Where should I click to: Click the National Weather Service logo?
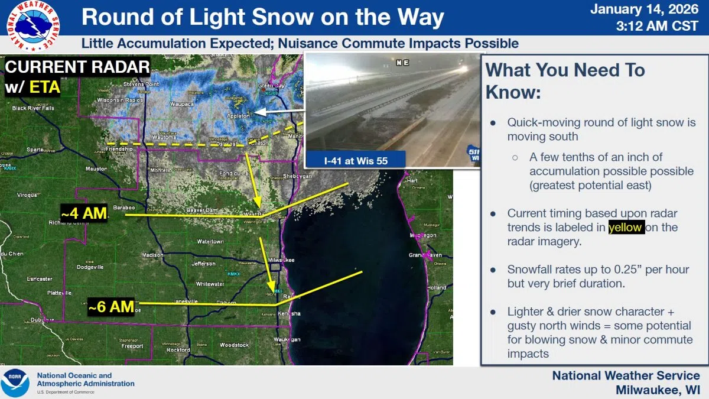[33, 25]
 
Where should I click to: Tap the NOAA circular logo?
[15, 383]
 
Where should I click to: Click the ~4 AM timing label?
[84, 213]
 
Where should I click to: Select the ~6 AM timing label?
[111, 306]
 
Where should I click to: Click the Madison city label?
[152, 255]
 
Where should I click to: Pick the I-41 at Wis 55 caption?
[355, 160]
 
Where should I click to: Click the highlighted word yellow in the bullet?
[626, 228]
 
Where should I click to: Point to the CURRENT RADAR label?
[77, 67]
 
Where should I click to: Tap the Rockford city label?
[178, 350]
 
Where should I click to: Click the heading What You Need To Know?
[565, 81]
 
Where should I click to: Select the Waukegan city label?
[287, 339]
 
